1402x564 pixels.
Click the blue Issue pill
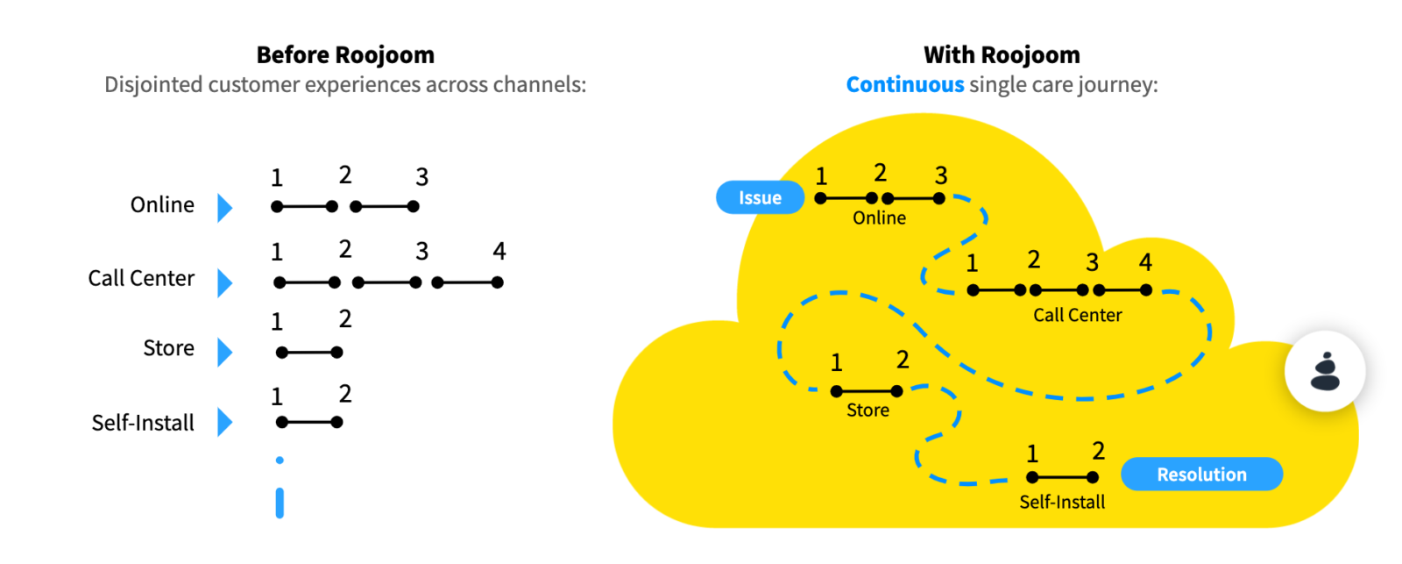[x=760, y=197]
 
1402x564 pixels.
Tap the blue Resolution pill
[x=1201, y=475]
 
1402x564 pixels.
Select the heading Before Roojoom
[x=345, y=55]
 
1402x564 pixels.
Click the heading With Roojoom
[x=1002, y=55]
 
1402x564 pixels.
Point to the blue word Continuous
[x=904, y=85]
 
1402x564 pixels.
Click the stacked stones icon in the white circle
[x=1325, y=372]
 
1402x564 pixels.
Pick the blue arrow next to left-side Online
[x=225, y=208]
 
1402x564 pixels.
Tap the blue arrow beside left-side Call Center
[x=225, y=282]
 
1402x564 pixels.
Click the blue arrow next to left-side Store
[x=225, y=352]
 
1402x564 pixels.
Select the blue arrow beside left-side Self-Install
[x=225, y=422]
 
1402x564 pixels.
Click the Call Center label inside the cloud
[x=1077, y=316]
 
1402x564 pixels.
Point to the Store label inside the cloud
[x=867, y=411]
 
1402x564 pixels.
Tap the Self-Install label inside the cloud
[x=1062, y=503]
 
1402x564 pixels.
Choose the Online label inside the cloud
[x=879, y=218]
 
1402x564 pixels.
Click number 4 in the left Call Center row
[x=499, y=252]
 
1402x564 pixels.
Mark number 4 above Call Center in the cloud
[x=1145, y=262]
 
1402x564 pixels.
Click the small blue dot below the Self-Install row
[x=280, y=460]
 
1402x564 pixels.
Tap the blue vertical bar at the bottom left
[x=280, y=503]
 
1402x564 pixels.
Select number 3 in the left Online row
[x=421, y=177]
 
